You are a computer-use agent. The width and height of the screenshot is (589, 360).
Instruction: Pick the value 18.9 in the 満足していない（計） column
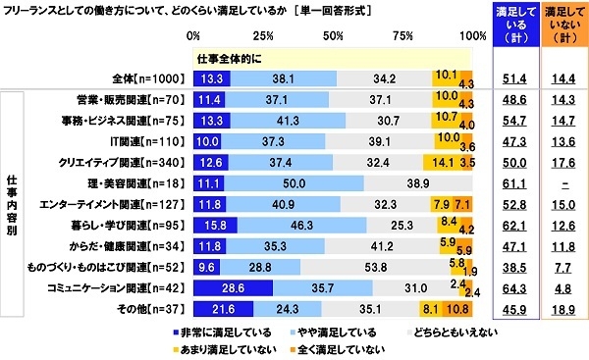pos(562,311)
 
